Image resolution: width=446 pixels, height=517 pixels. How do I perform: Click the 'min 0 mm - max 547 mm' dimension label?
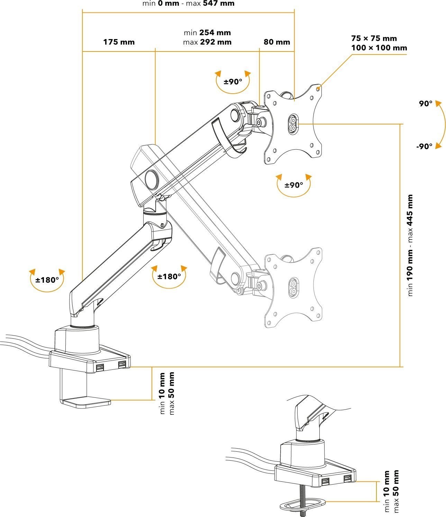coord(188,4)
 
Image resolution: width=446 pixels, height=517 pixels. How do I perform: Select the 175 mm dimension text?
coord(119,42)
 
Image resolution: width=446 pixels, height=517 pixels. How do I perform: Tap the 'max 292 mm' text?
coord(207,42)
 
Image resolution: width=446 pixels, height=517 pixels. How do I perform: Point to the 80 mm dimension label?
coord(276,42)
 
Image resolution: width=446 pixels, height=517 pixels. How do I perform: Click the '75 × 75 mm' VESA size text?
coord(374,38)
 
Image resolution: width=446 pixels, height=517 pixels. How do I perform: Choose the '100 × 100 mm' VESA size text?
coord(379,48)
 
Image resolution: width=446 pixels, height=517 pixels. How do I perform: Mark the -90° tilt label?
coord(424,147)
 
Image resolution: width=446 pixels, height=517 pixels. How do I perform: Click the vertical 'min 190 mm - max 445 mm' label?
coord(410,245)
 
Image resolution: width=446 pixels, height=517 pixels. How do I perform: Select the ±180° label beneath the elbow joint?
coord(169,276)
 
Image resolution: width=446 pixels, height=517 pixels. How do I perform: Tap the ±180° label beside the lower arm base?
coord(47,280)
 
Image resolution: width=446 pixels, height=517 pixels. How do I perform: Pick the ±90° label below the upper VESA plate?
coord(294,185)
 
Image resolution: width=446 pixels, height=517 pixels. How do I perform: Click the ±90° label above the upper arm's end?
coord(233,82)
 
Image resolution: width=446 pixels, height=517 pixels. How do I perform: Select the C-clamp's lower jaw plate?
coord(86,402)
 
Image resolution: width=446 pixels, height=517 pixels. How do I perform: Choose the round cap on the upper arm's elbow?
coord(151,179)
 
